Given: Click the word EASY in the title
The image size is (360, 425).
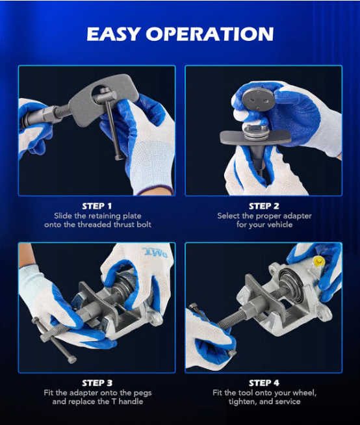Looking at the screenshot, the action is [x=113, y=34].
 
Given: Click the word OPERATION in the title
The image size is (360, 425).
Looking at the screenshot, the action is [x=210, y=34].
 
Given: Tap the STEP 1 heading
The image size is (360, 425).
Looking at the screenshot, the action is [x=97, y=206].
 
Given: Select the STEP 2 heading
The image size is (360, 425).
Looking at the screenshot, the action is [x=264, y=206].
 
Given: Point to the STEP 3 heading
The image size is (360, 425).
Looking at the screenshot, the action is [x=97, y=383].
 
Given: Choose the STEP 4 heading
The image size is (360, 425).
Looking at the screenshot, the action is [x=264, y=383].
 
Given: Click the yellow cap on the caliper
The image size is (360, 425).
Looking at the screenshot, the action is [x=319, y=261].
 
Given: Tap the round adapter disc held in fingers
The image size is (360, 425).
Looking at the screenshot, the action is [x=256, y=99].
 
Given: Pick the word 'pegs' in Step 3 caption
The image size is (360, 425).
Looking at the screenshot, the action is [x=142, y=393].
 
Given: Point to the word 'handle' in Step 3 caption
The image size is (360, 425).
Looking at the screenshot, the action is [x=131, y=402].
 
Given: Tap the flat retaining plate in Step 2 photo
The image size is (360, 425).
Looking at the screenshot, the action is [x=255, y=136].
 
